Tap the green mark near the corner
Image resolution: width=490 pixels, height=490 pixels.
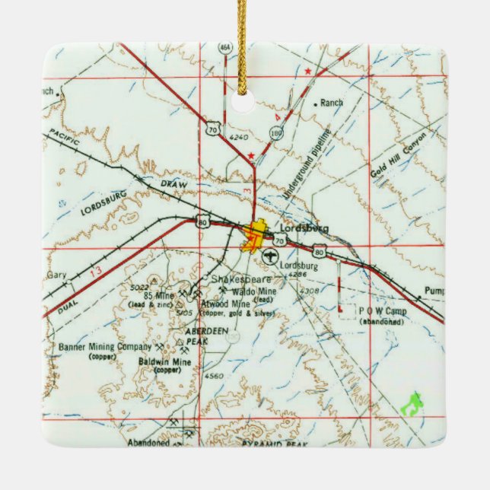coord(411,402)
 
